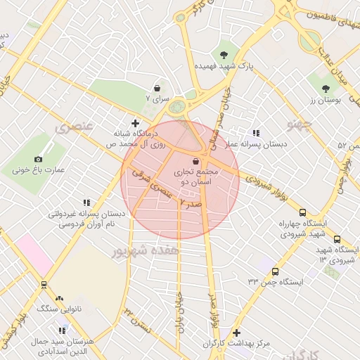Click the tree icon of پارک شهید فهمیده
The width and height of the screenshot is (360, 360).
(224, 54)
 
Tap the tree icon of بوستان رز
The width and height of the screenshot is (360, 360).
(325, 89)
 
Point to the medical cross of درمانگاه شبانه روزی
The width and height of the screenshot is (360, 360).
(135, 123)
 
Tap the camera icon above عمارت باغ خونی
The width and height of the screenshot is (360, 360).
(38, 160)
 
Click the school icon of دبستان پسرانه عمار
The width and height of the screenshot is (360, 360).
(256, 132)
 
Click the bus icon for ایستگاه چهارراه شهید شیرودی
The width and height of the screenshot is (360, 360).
(302, 212)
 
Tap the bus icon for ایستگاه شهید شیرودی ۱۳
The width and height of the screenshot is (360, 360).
(337, 240)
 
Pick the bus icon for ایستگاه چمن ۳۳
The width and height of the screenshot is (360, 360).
(274, 271)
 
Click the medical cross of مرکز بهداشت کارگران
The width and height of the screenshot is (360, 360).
(236, 333)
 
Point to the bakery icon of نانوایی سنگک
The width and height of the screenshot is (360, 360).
(59, 299)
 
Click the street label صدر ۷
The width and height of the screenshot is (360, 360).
(191, 202)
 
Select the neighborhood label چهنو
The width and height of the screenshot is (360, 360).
(299, 124)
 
